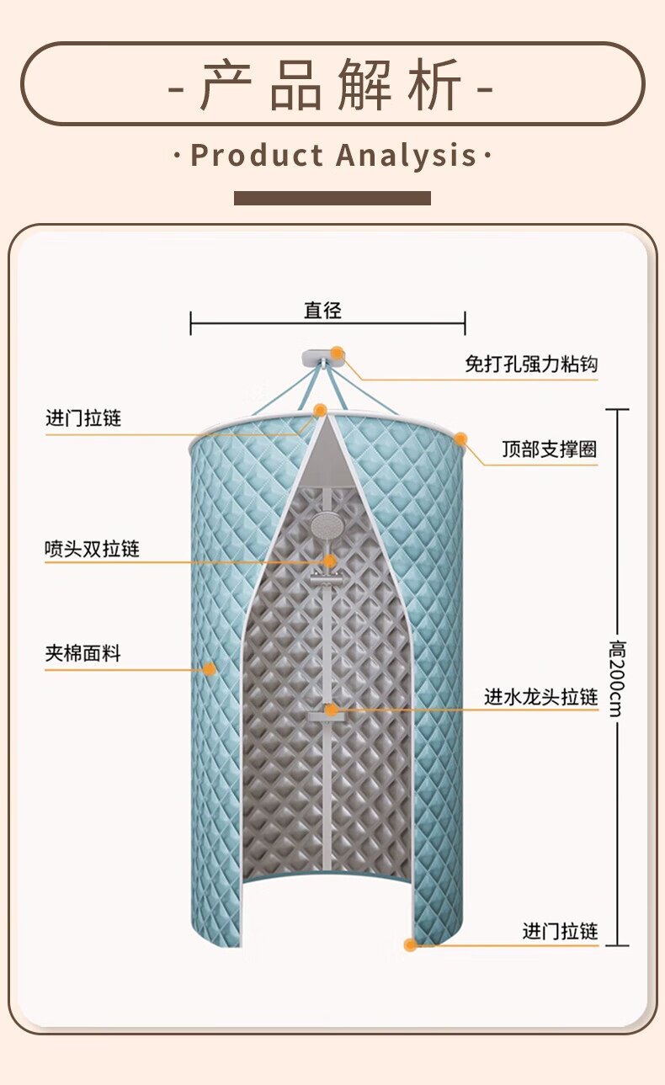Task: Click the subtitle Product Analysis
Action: pyautogui.click(x=332, y=156)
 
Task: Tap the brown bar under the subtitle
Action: pyautogui.click(x=332, y=198)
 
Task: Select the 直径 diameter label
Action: pyautogui.click(x=323, y=311)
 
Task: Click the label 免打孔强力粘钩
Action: pyautogui.click(x=531, y=364)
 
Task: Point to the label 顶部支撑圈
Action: pyautogui.click(x=550, y=449)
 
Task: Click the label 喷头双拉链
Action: pyautogui.click(x=92, y=550)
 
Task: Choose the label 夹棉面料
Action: pyautogui.click(x=82, y=653)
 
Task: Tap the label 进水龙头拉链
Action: pyautogui.click(x=540, y=697)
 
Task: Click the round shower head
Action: pyautogui.click(x=325, y=527)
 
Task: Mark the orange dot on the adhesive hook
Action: pyautogui.click(x=338, y=353)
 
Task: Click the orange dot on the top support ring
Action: pyautogui.click(x=461, y=439)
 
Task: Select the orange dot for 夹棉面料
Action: pyautogui.click(x=209, y=669)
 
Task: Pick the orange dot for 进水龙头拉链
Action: pyautogui.click(x=332, y=710)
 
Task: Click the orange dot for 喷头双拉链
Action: pyautogui.click(x=329, y=561)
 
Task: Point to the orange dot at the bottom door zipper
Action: pyautogui.click(x=410, y=945)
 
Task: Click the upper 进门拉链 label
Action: pyautogui.click(x=83, y=419)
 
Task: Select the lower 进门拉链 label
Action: pyautogui.click(x=560, y=932)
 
